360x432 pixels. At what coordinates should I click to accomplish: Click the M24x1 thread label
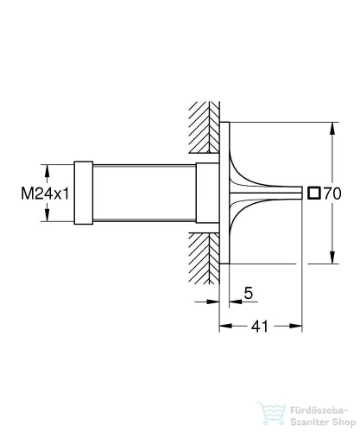(45, 194)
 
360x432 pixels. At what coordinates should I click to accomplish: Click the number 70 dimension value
(332, 194)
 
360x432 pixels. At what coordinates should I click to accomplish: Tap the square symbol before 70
(313, 194)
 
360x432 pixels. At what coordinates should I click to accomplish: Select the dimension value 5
(248, 293)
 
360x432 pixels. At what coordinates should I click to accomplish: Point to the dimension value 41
(260, 327)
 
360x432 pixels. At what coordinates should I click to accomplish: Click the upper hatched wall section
(205, 127)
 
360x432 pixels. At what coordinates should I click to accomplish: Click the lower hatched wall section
(205, 258)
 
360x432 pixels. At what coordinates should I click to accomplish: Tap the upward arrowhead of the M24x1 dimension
(47, 171)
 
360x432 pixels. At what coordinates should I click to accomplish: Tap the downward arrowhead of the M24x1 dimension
(47, 215)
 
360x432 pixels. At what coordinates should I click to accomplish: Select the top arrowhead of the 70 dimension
(332, 129)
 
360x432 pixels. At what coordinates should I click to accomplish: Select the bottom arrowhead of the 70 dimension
(332, 257)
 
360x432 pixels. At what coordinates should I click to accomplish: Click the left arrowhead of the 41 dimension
(225, 326)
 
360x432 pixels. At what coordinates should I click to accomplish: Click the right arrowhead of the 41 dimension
(296, 326)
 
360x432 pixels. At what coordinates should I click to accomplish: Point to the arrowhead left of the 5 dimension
(213, 302)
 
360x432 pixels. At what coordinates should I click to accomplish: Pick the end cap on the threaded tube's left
(84, 193)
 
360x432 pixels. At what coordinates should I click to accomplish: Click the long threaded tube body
(144, 193)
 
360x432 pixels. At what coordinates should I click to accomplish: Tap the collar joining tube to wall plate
(207, 193)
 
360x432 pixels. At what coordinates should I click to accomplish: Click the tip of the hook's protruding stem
(301, 193)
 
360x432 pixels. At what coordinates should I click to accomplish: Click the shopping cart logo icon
(271, 414)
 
